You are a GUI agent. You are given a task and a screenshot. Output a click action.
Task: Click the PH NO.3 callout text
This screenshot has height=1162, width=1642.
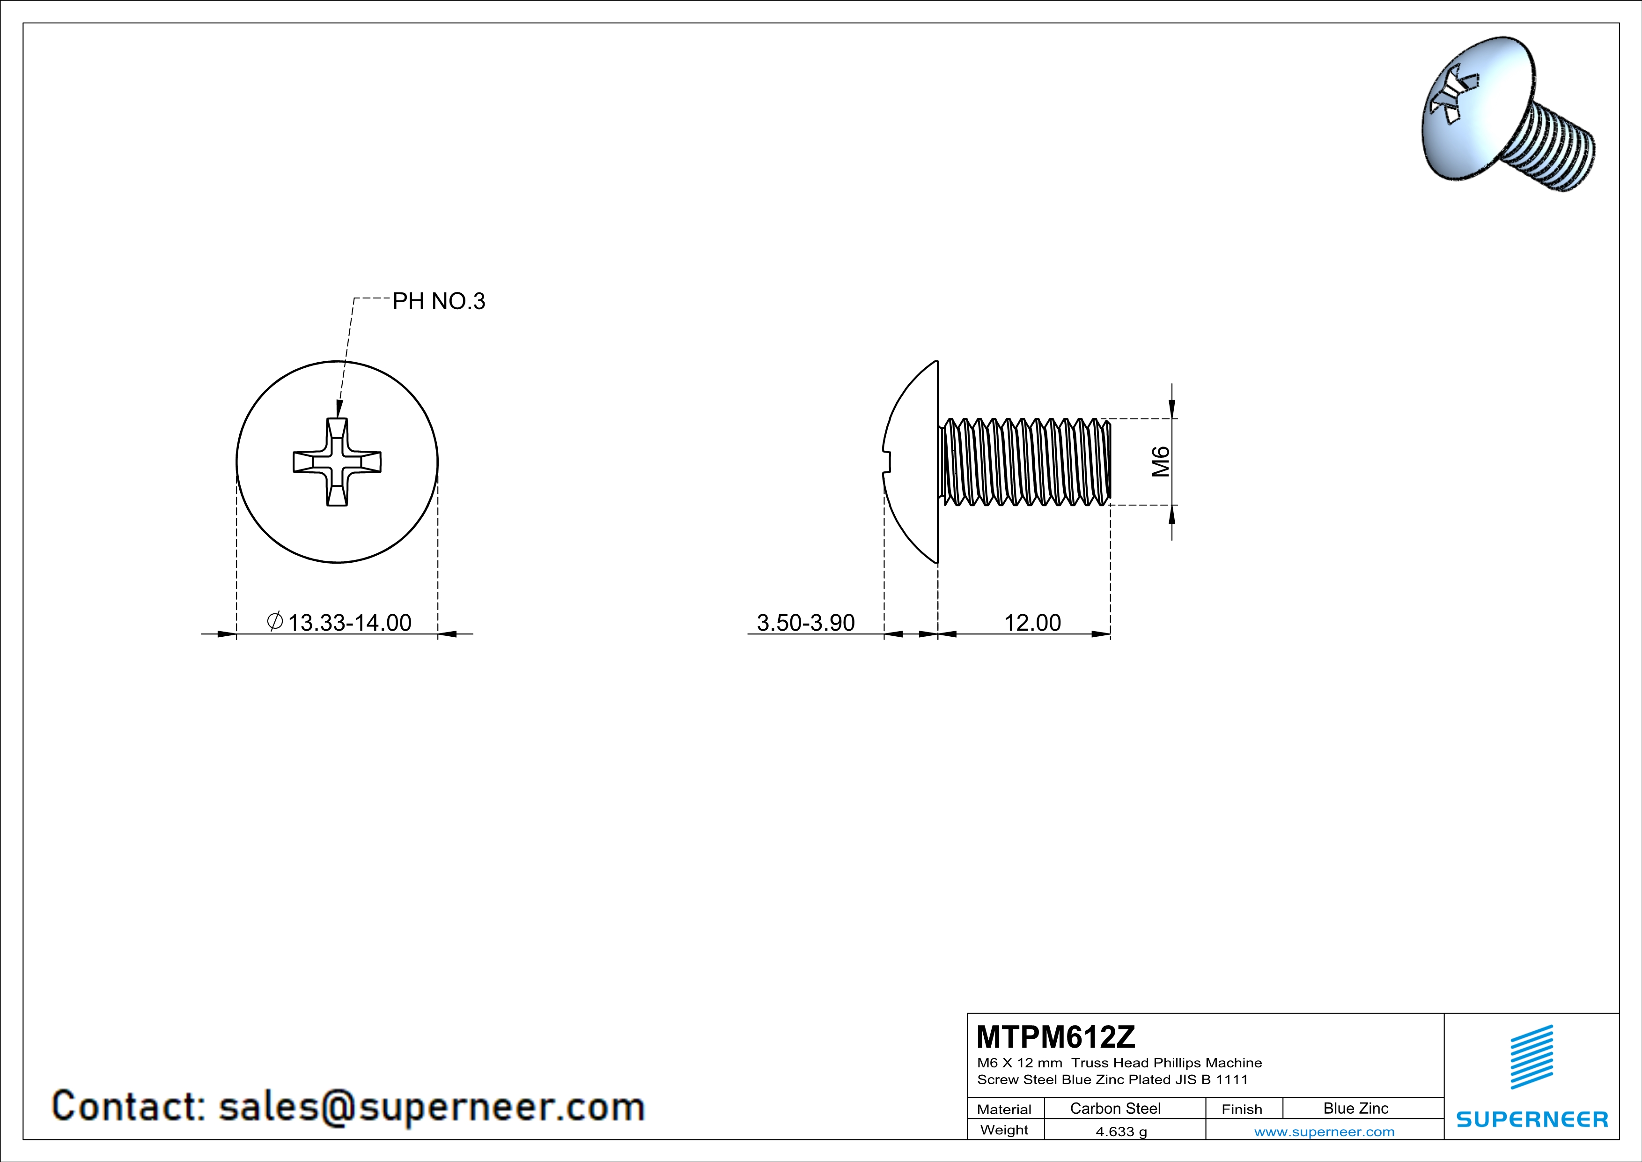438,301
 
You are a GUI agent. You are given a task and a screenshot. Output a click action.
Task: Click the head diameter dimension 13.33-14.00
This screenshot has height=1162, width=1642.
349,623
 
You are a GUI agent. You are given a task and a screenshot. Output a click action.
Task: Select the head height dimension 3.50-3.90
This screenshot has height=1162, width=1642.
805,623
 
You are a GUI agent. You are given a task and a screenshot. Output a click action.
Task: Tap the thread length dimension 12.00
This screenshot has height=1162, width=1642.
1032,623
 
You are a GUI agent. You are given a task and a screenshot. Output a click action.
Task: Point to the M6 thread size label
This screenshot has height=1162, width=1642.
1161,462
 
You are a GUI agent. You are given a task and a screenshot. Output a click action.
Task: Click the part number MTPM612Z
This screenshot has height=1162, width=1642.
1055,1036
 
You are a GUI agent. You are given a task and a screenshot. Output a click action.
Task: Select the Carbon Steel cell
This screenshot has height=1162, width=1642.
1115,1108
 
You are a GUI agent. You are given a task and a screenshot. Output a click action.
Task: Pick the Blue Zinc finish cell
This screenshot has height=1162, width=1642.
1355,1108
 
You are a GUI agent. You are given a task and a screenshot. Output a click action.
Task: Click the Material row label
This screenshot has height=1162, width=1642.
1004,1109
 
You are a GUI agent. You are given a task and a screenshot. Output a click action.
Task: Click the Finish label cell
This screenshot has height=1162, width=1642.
1242,1109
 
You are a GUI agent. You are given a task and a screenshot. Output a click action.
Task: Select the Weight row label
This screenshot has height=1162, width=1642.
1004,1130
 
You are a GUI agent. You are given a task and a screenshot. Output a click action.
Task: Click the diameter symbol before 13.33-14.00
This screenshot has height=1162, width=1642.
275,621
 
